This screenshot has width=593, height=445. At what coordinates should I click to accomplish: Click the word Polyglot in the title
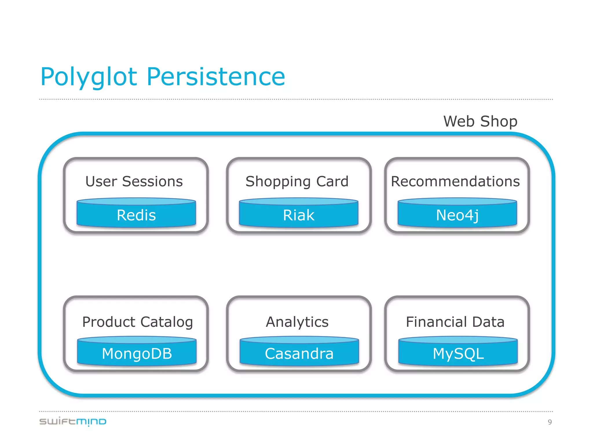point(88,77)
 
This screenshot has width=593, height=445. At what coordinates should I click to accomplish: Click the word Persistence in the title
point(216,77)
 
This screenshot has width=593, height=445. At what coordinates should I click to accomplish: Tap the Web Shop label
point(480,121)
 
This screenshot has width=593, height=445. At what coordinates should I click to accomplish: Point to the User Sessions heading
point(134,181)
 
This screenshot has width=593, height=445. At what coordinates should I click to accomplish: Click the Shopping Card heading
point(297,181)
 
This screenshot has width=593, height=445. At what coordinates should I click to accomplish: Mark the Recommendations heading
point(455,181)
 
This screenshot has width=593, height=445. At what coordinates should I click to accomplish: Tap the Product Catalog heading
point(137,322)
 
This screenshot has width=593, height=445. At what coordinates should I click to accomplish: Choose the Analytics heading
point(297,322)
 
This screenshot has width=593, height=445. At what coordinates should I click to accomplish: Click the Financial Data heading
point(455,322)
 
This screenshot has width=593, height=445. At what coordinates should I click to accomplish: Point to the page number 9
point(550,422)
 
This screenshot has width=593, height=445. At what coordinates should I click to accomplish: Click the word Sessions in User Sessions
point(152,181)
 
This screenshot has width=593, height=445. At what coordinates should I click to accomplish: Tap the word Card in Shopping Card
point(332,181)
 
